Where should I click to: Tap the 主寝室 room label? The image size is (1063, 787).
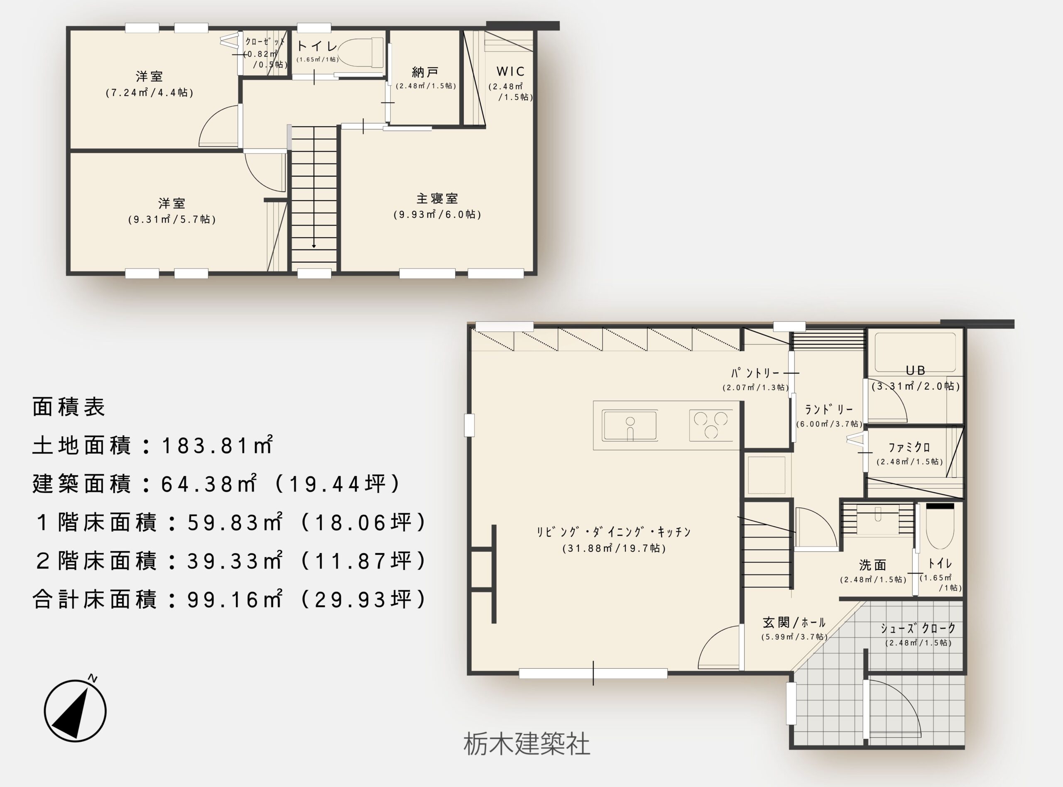[x=437, y=198]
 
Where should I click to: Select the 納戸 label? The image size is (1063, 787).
[x=425, y=72]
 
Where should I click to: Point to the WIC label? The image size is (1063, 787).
[x=510, y=71]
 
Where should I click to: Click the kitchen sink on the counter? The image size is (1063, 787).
[x=630, y=425]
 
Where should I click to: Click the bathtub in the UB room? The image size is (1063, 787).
[x=915, y=352]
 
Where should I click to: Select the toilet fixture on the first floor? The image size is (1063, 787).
[x=940, y=525]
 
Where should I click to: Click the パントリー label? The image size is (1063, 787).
[x=756, y=373]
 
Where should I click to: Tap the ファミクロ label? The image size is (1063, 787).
[x=909, y=447]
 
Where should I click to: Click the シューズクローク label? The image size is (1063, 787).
[x=918, y=628]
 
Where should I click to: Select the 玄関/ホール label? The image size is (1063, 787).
[x=794, y=622]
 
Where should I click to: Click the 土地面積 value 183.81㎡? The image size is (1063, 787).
[x=217, y=445]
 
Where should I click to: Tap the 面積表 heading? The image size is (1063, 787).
[x=69, y=407]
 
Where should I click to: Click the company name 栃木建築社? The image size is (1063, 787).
[x=527, y=744]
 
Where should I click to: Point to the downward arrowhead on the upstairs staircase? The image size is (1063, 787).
[x=314, y=246]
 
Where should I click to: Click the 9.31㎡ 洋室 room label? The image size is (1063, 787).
[x=171, y=203]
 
